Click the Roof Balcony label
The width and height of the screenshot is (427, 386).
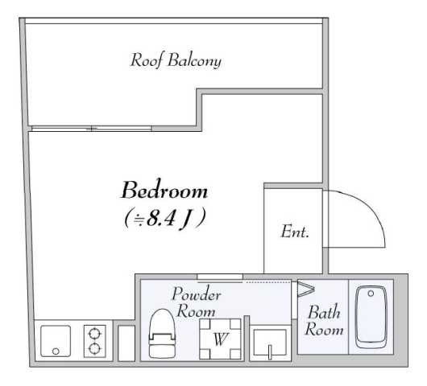point(176,60)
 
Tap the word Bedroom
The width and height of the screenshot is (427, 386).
point(164,191)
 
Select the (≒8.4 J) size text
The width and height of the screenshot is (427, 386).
point(164,217)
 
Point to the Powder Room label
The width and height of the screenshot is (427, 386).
point(195,302)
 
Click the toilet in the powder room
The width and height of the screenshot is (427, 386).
point(160,335)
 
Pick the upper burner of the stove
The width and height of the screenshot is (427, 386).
point(95,332)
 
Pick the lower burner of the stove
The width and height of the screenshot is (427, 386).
point(95,348)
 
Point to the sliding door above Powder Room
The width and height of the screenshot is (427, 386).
point(219,278)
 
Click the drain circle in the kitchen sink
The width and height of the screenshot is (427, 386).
point(55,351)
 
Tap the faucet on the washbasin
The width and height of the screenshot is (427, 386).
point(272,351)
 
